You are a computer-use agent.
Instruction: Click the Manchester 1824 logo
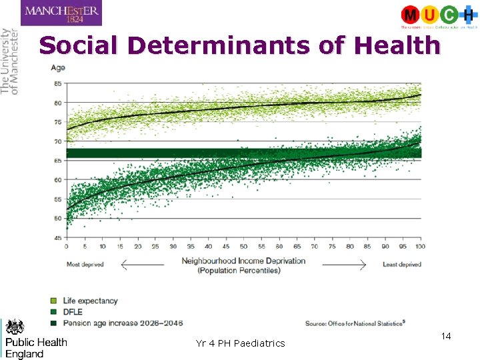61,13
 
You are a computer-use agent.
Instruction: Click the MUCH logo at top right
439,16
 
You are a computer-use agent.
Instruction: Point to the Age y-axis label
58,67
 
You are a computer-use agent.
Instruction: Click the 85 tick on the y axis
57,83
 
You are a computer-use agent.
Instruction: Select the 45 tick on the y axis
57,238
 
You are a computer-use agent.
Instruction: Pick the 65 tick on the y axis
57,161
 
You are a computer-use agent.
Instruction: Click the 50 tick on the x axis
243,247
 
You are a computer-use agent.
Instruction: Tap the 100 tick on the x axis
420,247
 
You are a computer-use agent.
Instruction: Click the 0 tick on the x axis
66,247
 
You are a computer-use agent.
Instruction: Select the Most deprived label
85,265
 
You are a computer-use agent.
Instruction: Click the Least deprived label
401,265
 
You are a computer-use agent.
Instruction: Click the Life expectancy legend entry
89,301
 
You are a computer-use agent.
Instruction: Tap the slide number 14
446,337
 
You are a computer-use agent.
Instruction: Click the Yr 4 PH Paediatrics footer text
240,343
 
